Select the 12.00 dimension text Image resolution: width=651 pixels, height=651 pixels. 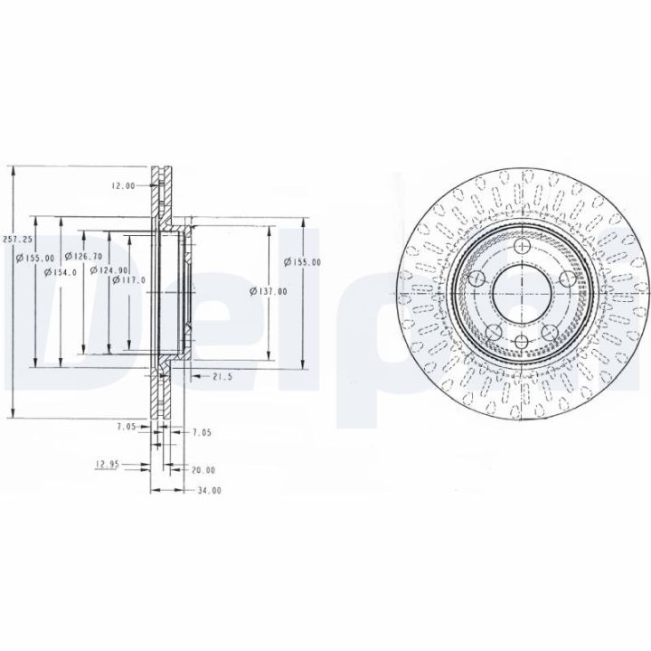(x=123, y=185)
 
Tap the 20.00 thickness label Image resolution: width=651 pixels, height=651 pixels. (x=203, y=470)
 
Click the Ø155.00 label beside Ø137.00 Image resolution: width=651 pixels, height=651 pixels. (x=302, y=262)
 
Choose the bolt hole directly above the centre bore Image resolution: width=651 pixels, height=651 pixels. (x=523, y=247)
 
